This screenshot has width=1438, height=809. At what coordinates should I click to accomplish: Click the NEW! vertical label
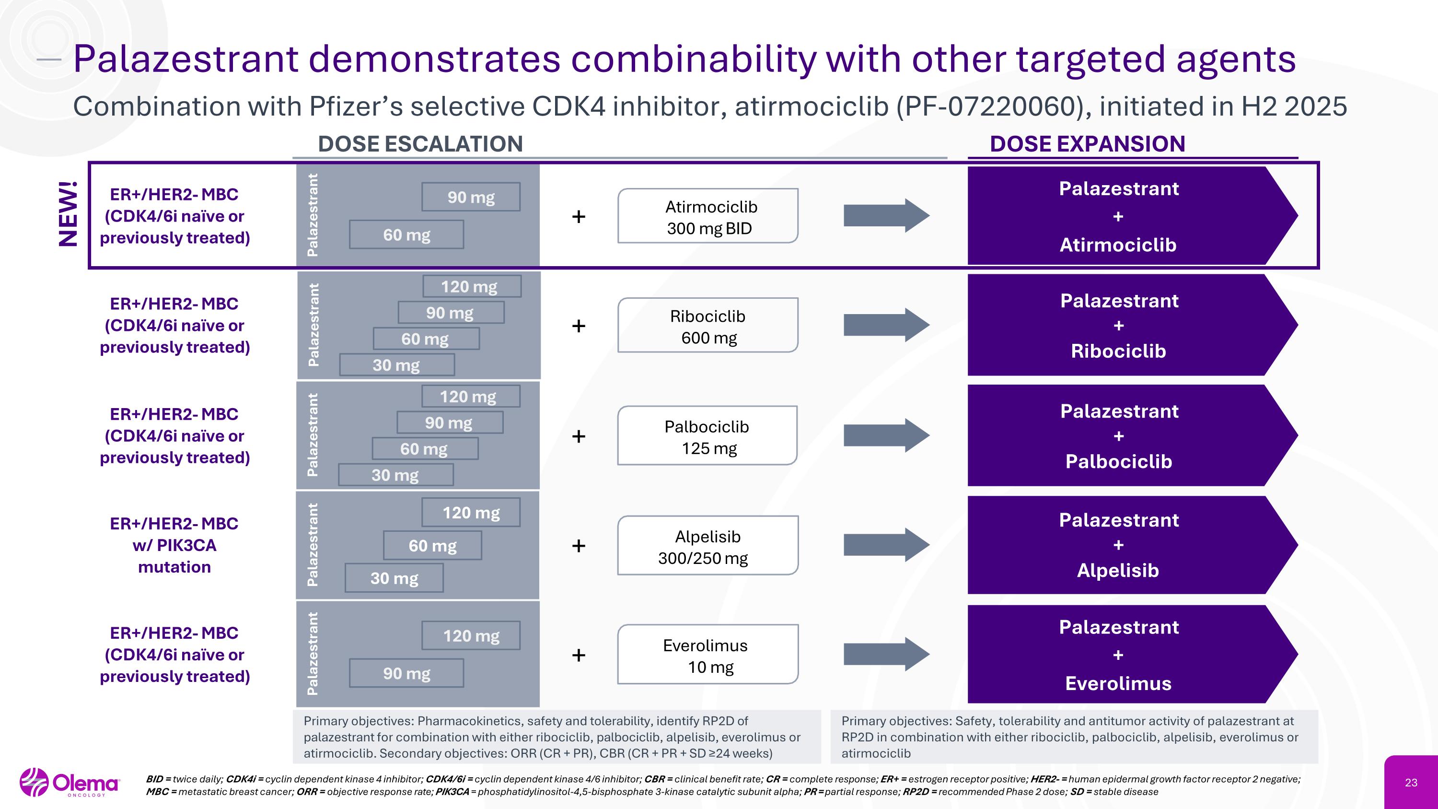[68, 214]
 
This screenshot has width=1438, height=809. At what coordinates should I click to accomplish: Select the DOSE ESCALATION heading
[420, 144]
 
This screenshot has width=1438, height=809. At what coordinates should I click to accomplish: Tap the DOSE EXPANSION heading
[1087, 144]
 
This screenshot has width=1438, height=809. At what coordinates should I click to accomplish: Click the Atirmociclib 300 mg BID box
[707, 216]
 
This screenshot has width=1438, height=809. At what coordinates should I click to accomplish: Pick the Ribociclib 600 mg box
[707, 326]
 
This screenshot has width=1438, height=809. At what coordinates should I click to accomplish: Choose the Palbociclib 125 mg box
[707, 436]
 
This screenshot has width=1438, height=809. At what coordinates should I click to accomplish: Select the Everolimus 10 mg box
[707, 655]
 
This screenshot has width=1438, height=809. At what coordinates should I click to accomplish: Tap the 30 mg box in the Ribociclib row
[397, 365]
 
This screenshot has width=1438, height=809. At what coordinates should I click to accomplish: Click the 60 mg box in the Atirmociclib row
[406, 235]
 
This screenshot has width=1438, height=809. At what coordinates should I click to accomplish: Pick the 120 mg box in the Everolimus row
[471, 636]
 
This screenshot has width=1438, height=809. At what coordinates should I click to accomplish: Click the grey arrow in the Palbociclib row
[886, 435]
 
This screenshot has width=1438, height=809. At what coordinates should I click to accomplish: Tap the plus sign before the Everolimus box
[579, 655]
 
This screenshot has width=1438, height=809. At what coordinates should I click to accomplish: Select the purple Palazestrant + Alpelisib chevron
[1118, 545]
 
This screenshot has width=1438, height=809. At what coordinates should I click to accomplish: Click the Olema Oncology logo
[70, 783]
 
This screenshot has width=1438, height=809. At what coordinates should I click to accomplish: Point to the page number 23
[1411, 783]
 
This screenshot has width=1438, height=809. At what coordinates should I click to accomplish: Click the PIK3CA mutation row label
[174, 545]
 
